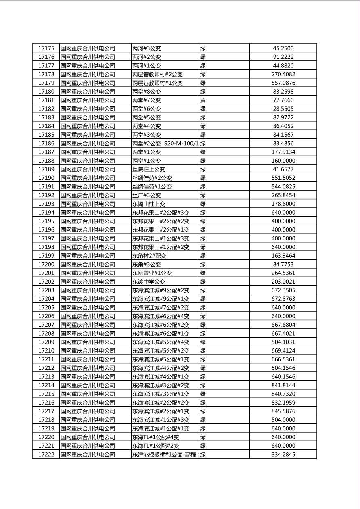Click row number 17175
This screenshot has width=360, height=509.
(x=46, y=48)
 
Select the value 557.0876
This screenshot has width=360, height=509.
(x=283, y=83)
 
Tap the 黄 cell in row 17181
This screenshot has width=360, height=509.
(x=203, y=100)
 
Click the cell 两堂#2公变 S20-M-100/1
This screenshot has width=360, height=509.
(x=165, y=144)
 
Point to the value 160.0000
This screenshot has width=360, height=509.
(x=283, y=161)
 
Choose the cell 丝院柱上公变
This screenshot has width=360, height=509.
(x=149, y=169)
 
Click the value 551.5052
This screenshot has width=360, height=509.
(x=283, y=178)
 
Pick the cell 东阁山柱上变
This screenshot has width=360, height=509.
(x=149, y=204)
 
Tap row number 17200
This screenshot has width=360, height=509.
(x=46, y=265)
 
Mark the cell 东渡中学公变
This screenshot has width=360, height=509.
(x=149, y=282)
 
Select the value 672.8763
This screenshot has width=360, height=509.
(x=283, y=299)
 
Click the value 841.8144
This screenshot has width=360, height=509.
(x=283, y=386)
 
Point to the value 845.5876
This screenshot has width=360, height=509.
(x=283, y=411)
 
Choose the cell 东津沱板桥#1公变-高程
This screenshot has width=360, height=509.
(x=164, y=455)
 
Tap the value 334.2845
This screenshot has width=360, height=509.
(x=283, y=455)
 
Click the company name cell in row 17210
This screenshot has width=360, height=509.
(x=88, y=351)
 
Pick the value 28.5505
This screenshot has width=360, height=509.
(x=283, y=109)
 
